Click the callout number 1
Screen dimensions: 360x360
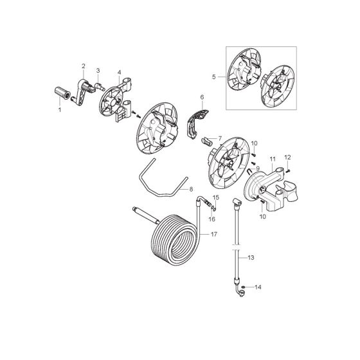click(60, 110)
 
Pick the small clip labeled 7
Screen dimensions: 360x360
click(205, 140)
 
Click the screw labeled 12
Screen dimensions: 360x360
click(285, 170)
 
